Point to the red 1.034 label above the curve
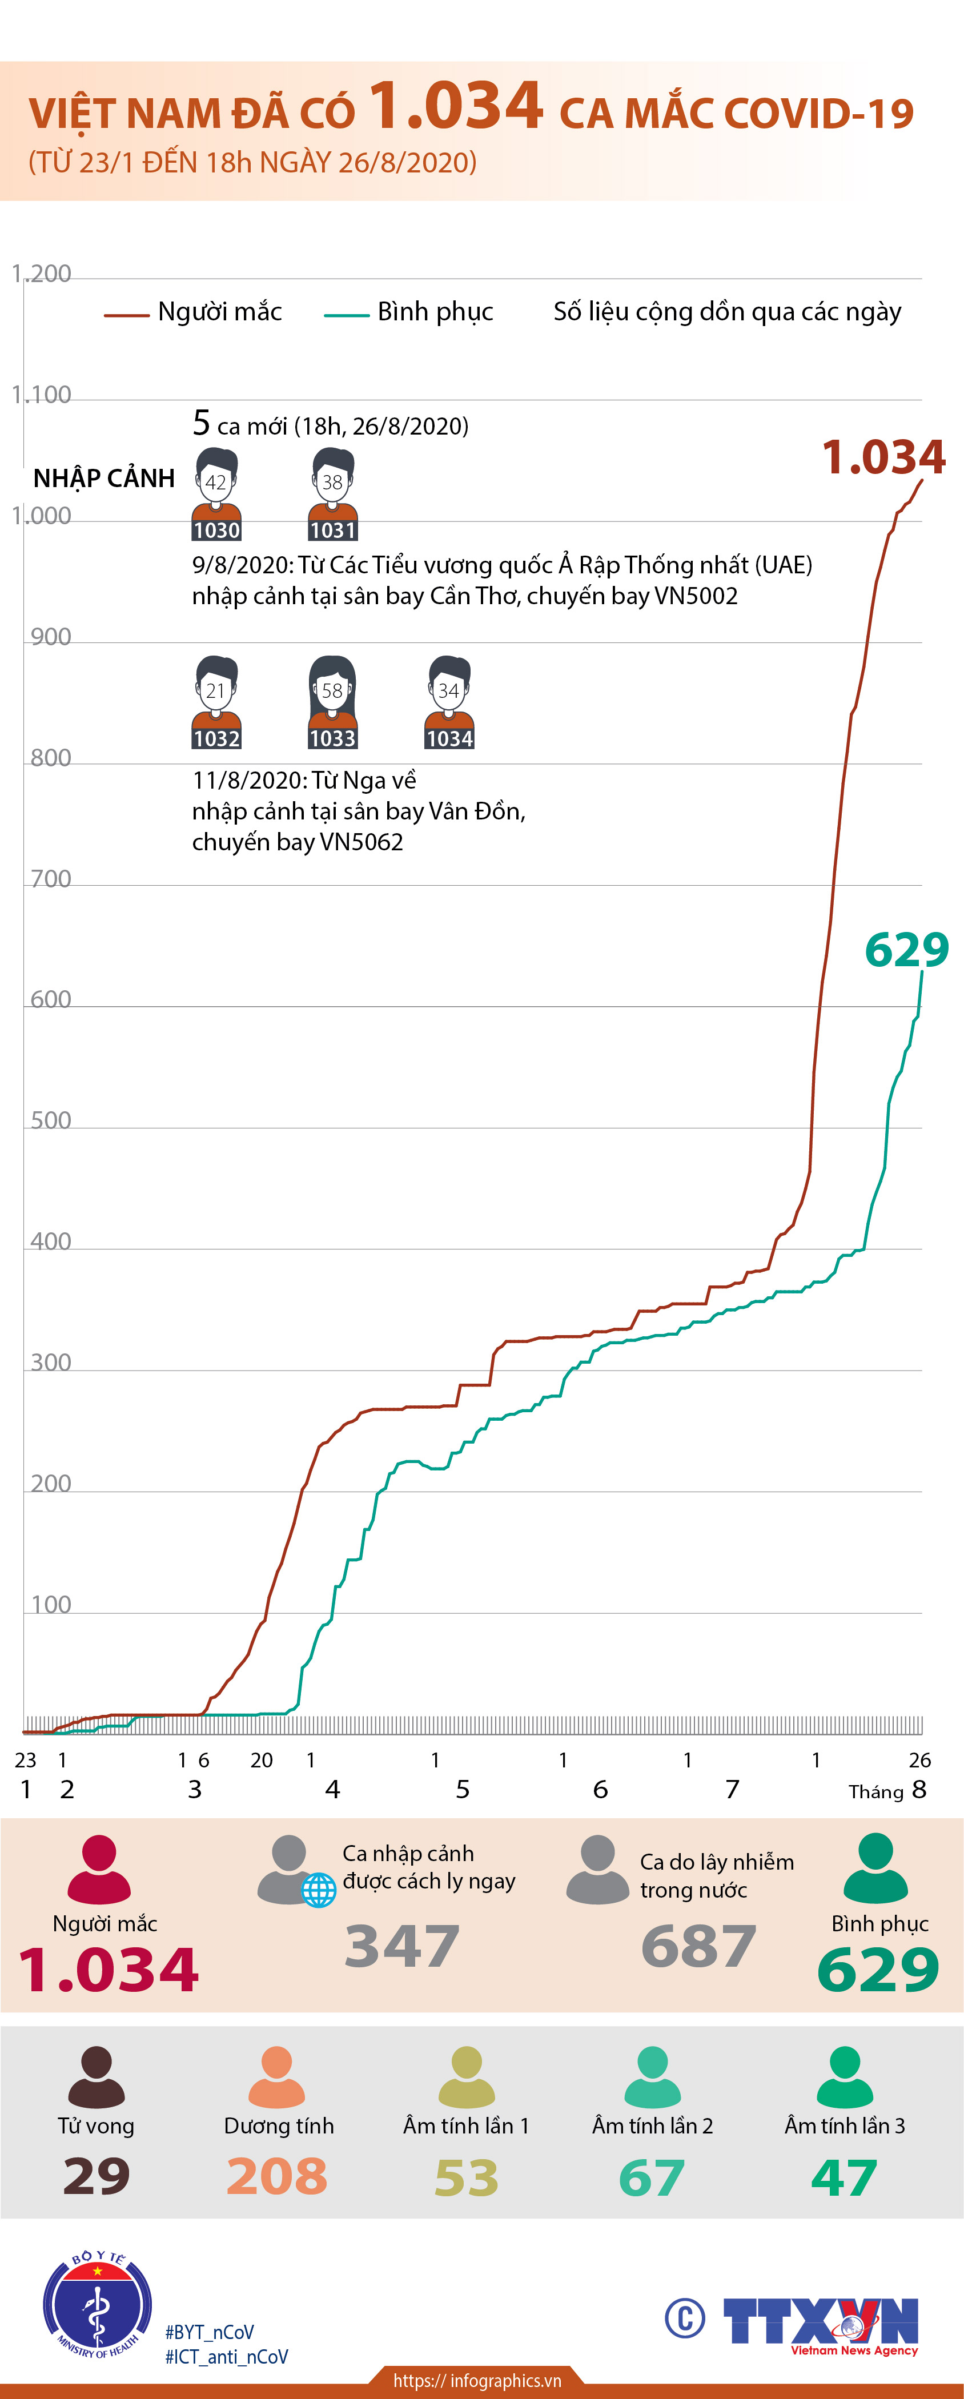tap(883, 457)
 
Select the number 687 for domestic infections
tap(698, 1946)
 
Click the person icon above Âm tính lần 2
tap(652, 2077)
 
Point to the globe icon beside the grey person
tap(319, 1891)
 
